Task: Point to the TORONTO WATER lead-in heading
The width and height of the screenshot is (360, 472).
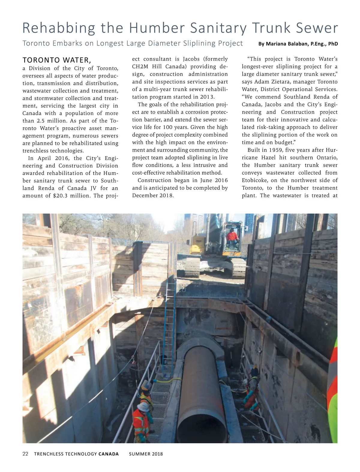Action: click(57, 60)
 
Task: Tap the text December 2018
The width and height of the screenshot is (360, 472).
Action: click(153, 195)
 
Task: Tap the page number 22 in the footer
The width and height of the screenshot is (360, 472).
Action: click(25, 454)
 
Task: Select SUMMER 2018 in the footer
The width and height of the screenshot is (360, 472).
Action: click(146, 454)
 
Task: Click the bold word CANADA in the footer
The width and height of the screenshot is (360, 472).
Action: click(108, 454)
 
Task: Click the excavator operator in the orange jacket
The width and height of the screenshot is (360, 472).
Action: click(232, 236)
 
